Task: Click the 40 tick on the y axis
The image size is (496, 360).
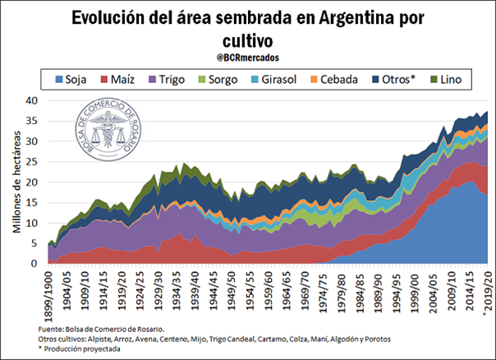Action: coord(31,100)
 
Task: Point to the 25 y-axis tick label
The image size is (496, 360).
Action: coord(31,162)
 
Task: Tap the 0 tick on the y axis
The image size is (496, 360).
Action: coord(34,265)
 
